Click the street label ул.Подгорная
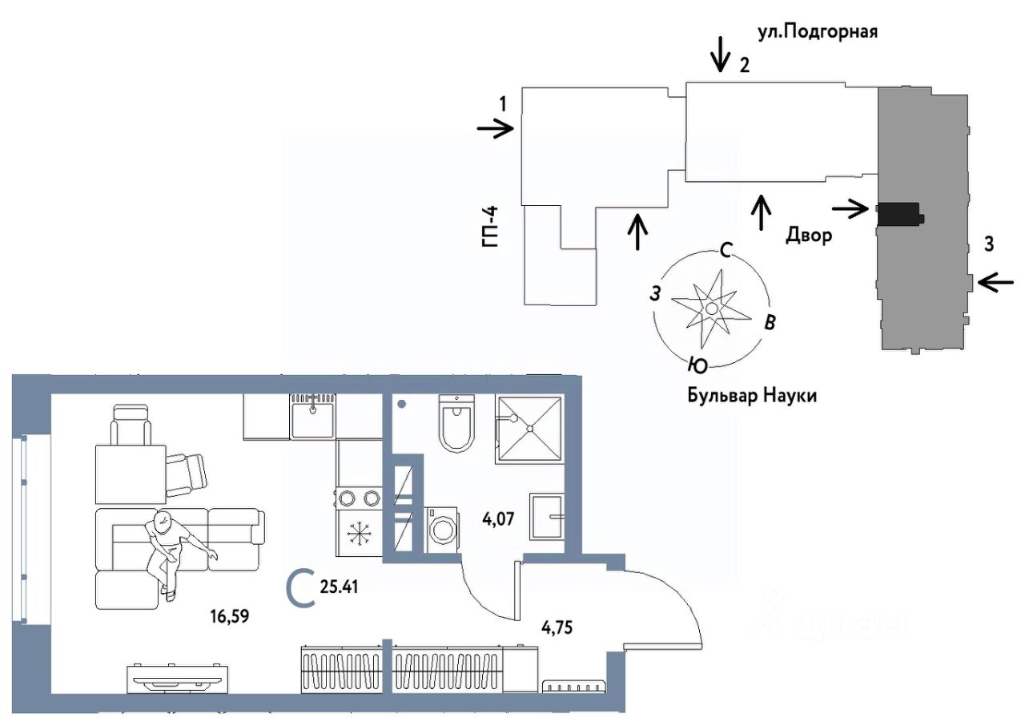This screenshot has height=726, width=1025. click(818, 33)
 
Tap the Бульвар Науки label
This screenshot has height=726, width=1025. click(752, 396)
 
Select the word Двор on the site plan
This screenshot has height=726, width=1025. click(809, 236)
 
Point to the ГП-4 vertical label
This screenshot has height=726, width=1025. click(490, 227)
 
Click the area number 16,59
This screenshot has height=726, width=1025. click(230, 616)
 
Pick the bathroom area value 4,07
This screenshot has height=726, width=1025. click(498, 519)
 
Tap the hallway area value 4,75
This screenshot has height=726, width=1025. click(557, 627)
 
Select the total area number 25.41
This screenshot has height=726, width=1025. click(339, 587)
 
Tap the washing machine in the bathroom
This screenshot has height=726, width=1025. click(443, 529)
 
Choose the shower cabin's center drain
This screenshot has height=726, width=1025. click(530, 429)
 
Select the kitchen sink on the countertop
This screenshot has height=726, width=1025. click(313, 416)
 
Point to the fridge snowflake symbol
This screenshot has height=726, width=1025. click(360, 534)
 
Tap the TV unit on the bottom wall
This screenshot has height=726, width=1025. click(178, 680)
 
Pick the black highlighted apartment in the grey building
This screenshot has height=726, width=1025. click(899, 214)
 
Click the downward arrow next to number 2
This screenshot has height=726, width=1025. click(721, 54)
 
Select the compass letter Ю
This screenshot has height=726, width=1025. click(697, 365)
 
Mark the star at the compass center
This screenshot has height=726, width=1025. click(711, 308)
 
